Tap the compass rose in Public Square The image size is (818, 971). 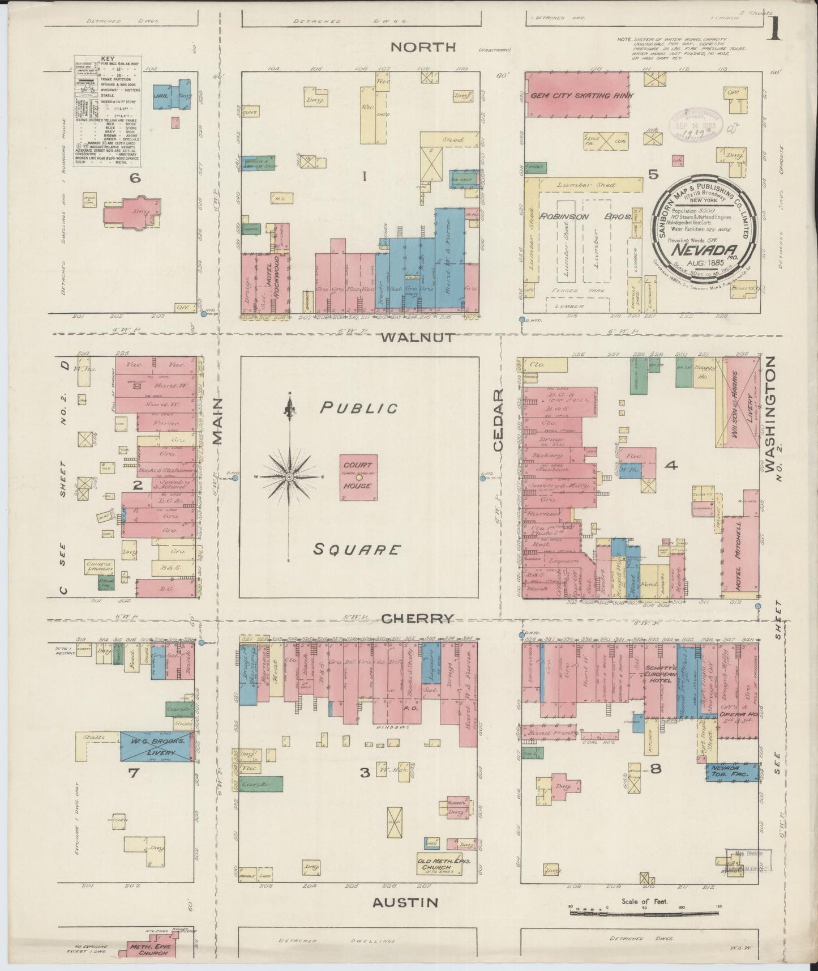pos(289,478)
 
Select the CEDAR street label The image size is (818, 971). pos(498,420)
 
